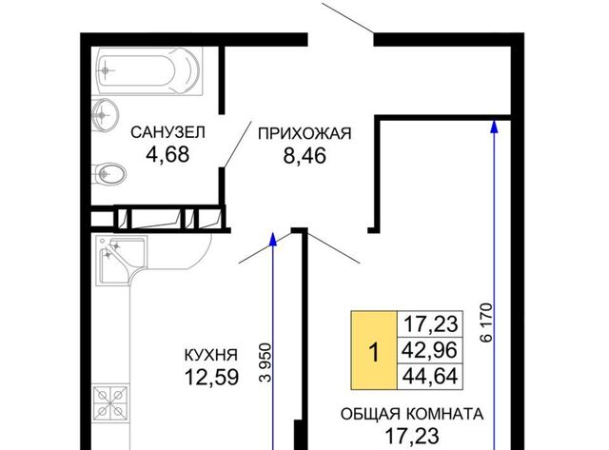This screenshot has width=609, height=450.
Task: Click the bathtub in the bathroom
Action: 149,71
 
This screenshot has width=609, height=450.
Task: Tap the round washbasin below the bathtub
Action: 104,115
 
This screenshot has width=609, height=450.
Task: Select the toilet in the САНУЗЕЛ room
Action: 109,173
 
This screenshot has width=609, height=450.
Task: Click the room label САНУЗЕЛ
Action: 167,132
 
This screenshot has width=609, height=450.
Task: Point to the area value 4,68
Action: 167,154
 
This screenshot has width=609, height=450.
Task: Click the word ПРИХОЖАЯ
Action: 304,133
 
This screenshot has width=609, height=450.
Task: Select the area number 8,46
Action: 304,156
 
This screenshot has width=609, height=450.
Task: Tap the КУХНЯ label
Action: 211,355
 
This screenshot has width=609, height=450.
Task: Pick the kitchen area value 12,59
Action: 211,377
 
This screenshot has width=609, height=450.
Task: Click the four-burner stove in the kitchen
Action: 111,402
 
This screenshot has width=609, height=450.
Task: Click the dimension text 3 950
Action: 266,362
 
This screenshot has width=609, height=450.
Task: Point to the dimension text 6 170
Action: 486,323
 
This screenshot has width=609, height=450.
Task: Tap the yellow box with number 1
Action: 374,350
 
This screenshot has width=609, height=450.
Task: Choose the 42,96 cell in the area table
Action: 429,351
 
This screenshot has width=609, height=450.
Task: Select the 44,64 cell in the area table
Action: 429,377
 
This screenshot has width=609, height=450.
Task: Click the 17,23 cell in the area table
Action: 429,324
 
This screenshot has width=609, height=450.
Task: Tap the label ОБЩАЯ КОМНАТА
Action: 412,414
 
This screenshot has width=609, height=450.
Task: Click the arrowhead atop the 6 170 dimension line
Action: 495,127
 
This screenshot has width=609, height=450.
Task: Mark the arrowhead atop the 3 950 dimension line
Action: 273,239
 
